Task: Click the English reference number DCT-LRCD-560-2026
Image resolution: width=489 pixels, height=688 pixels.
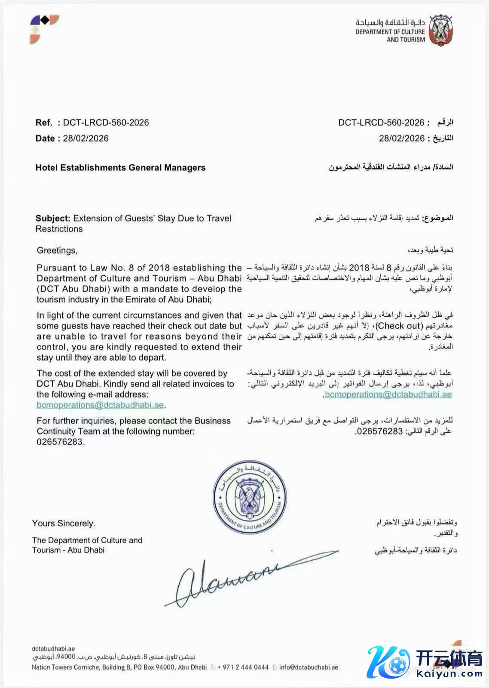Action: (x=106, y=123)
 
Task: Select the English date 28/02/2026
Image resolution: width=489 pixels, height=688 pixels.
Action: (x=86, y=138)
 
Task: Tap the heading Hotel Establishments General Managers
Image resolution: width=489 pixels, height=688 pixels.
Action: (x=120, y=168)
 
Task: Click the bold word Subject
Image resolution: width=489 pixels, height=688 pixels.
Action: (x=52, y=218)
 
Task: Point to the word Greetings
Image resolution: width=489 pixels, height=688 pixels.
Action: (x=57, y=251)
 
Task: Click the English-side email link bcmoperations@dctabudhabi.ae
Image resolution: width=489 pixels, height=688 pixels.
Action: (x=100, y=405)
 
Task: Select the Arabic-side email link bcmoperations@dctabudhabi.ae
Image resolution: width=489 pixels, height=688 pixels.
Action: (x=388, y=394)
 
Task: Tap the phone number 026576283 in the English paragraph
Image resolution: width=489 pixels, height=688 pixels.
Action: (x=60, y=442)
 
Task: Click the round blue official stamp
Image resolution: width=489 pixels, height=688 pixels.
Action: (x=250, y=495)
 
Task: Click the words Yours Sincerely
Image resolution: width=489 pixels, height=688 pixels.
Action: (x=64, y=524)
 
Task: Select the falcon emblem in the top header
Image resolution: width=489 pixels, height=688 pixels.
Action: (x=440, y=30)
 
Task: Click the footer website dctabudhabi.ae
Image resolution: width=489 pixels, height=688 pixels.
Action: (x=53, y=649)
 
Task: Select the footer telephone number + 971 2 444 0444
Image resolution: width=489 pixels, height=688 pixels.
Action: (x=243, y=667)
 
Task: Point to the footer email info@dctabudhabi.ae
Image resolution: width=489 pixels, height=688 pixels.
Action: (x=308, y=667)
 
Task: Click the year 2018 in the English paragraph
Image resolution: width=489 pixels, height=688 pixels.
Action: (x=158, y=268)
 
